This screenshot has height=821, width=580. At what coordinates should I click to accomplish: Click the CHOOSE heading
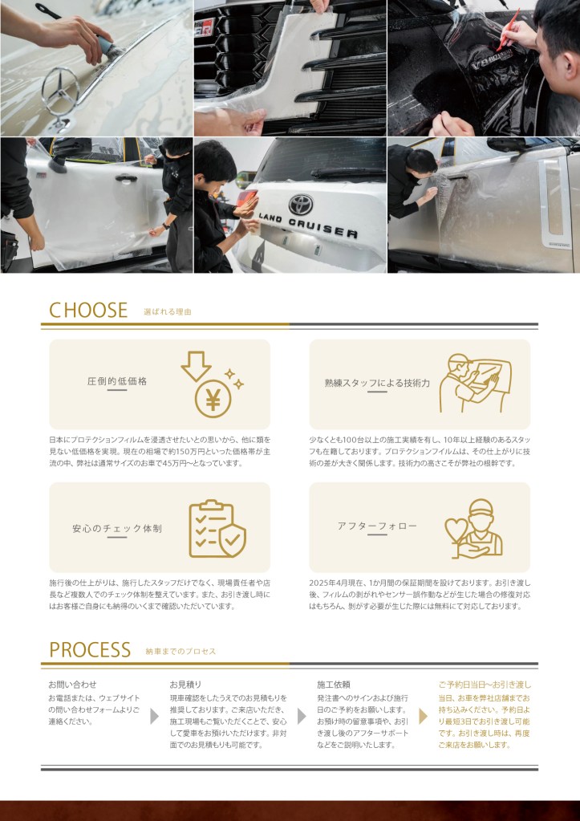pos(88,310)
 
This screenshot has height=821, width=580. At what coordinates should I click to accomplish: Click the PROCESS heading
pos(90,650)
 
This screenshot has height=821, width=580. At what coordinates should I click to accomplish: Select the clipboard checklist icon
pos(217,529)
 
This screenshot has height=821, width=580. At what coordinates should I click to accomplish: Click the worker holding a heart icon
pos(473,528)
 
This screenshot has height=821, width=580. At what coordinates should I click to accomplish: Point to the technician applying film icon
pos(475,382)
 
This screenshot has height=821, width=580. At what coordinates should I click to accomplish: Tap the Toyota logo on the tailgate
pos(301,204)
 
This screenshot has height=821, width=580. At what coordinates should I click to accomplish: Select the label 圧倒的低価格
pos(117,381)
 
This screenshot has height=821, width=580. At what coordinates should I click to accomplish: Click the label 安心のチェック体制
pos(117,528)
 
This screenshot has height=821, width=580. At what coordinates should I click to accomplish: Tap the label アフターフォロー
pos(377,526)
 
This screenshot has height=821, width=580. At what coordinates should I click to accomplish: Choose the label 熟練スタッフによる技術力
pos(377,383)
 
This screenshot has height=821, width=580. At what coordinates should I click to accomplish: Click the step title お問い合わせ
pos(72,685)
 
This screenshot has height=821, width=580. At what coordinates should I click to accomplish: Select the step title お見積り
pos(185,685)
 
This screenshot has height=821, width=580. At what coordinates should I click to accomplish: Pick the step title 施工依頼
pos(334,685)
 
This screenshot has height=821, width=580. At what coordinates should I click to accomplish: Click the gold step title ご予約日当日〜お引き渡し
pos(485,685)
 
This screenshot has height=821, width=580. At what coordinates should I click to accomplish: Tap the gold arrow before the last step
pos(423,716)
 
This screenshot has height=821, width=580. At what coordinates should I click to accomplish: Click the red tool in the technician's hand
pos(507,30)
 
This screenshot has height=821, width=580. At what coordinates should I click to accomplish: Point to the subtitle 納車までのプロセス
pos(180,652)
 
